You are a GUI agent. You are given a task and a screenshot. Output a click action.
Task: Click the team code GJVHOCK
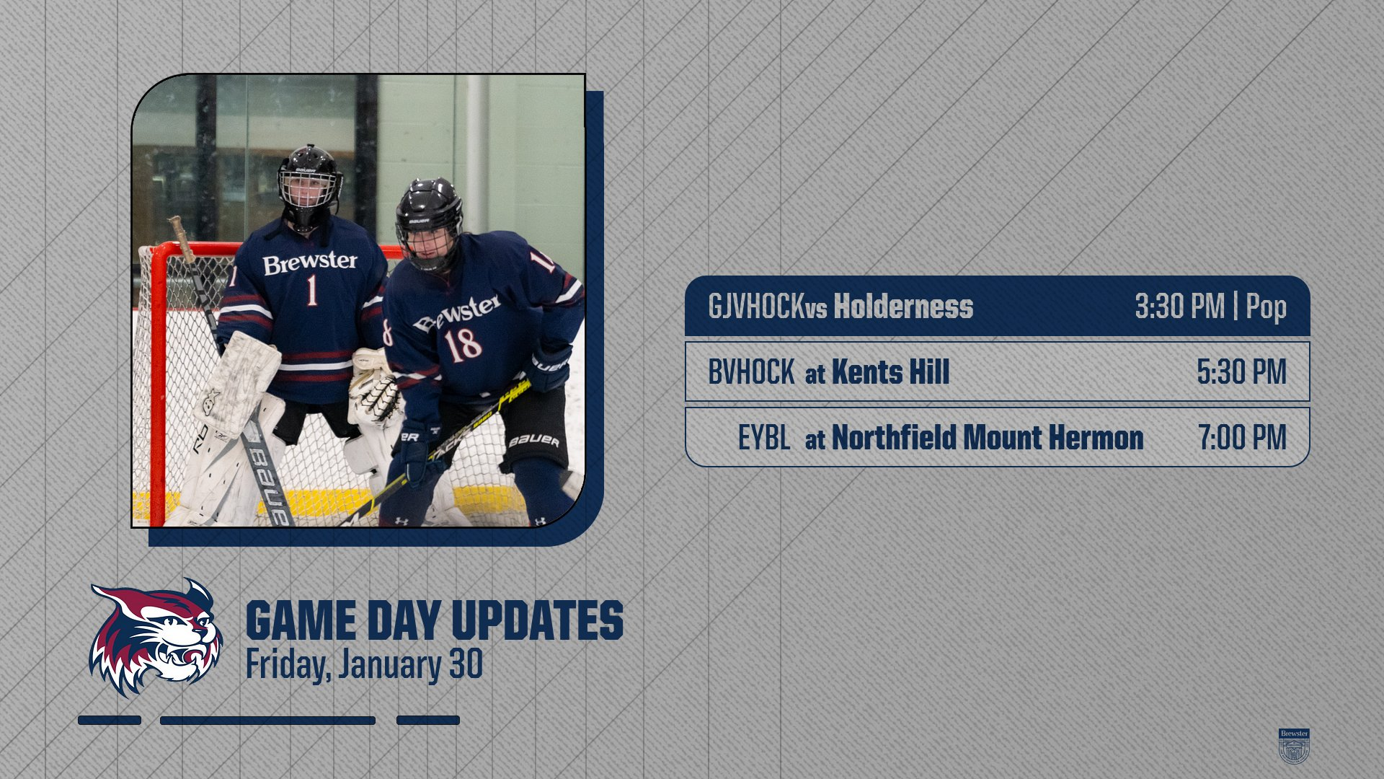click(756, 307)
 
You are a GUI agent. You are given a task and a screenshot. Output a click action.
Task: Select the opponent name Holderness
click(903, 307)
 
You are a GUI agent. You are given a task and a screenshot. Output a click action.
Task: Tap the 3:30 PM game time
click(1180, 307)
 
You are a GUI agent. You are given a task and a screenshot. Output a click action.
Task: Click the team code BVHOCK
click(751, 372)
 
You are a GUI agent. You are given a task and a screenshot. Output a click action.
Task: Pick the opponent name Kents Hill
click(890, 372)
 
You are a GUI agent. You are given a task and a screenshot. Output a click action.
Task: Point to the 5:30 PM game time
click(1242, 372)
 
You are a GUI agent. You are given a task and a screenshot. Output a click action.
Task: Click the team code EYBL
click(764, 437)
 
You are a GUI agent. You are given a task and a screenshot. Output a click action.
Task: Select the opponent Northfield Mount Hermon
click(988, 437)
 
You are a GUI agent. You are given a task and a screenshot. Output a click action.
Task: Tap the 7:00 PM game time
click(1243, 437)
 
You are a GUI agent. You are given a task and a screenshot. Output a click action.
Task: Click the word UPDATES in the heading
click(537, 620)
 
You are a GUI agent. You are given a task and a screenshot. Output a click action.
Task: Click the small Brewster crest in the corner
click(1294, 746)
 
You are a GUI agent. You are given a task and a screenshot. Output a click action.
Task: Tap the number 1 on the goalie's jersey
click(312, 290)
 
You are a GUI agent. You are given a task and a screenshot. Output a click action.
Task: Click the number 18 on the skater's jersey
click(463, 345)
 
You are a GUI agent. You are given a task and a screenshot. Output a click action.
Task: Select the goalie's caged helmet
click(309, 186)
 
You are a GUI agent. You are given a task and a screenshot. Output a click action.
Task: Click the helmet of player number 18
click(429, 222)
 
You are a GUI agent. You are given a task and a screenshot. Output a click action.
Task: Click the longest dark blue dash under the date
click(267, 720)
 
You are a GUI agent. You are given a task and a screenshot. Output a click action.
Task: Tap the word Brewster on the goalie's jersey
click(310, 263)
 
